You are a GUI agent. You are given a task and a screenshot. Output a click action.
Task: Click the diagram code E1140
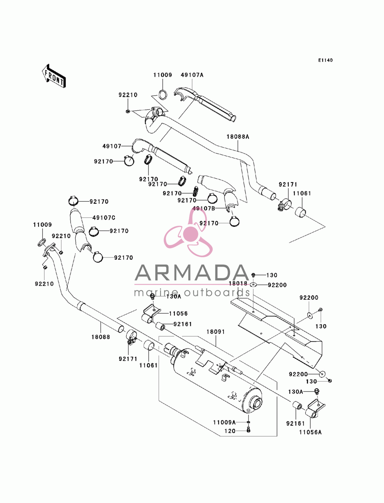point(325,60)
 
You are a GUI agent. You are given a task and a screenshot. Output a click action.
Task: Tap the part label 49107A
point(192,75)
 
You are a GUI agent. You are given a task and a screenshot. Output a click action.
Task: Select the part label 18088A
point(238,137)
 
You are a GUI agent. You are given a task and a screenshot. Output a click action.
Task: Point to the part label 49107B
point(204,209)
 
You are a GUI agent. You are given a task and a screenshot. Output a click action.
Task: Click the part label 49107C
point(104,218)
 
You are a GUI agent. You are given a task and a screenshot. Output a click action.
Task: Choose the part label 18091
point(216,332)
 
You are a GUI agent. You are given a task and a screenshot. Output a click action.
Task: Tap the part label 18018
point(238,284)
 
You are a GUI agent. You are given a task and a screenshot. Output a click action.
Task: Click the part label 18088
point(101,337)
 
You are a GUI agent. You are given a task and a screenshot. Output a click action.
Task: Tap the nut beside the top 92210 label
point(128,111)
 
